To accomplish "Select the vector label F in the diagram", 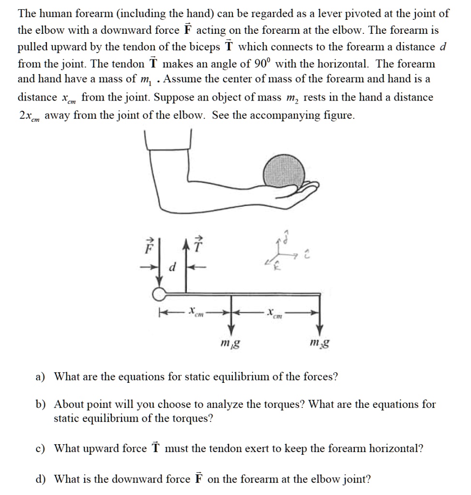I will click(x=150, y=249).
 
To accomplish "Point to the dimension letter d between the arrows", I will click(x=172, y=267).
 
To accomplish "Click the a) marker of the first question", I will click(x=41, y=376).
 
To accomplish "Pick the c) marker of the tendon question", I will click(x=41, y=449).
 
